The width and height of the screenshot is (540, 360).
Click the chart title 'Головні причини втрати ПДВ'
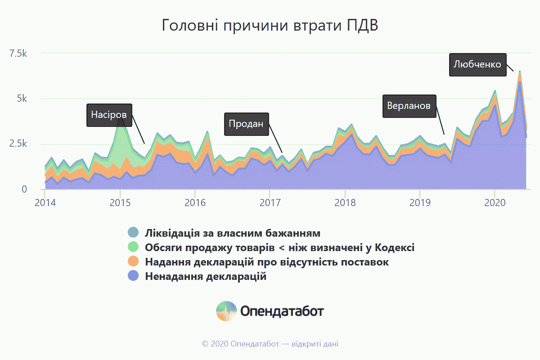tap(270, 25)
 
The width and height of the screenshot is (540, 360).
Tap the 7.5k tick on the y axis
tap(18, 53)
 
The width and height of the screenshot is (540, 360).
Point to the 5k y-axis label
tap(22, 99)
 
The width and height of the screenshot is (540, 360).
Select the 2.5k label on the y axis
tap(18, 144)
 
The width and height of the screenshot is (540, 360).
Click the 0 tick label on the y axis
tap(24, 189)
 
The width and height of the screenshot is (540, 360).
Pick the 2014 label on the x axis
tap(45, 203)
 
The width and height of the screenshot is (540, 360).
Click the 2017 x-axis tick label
tap(270, 203)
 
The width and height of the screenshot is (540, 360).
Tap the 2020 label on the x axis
tap(495, 203)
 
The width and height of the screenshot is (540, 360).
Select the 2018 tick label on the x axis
tap(345, 203)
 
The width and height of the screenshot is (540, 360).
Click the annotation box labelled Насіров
tap(109, 115)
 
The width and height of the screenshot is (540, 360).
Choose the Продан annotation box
tap(247, 124)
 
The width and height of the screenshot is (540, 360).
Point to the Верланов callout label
tap(409, 106)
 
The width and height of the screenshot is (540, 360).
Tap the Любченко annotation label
tap(477, 65)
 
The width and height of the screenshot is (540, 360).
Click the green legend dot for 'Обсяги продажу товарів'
tap(133, 247)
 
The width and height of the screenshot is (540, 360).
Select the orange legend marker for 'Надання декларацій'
tap(133, 261)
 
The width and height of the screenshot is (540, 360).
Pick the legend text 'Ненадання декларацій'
tap(206, 276)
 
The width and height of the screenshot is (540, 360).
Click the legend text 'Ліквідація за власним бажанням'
tap(233, 233)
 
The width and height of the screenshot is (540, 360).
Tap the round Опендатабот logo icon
tap(226, 311)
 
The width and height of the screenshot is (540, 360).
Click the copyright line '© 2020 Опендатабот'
tap(240, 344)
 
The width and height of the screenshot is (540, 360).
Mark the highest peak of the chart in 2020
tap(520, 72)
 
